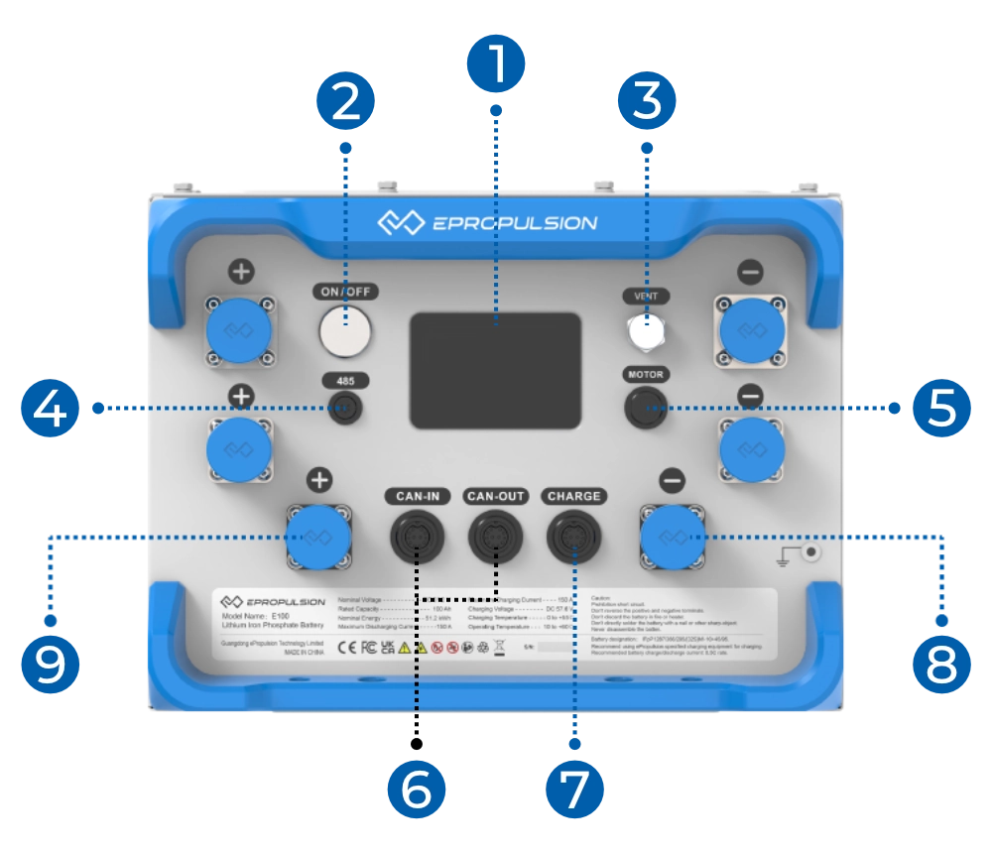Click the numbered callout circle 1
coord(497,62)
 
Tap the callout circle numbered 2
coord(346,102)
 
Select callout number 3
coord(647,102)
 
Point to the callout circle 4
coord(49,407)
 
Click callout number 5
coord(939,407)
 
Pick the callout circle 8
coord(939,663)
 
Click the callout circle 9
coord(49,663)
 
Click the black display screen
coord(496,370)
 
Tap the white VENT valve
coord(647,333)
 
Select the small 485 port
coord(346,407)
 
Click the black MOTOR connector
coord(646,407)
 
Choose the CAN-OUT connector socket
coord(495,539)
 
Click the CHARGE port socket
coord(573,539)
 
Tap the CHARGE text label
coord(573,495)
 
